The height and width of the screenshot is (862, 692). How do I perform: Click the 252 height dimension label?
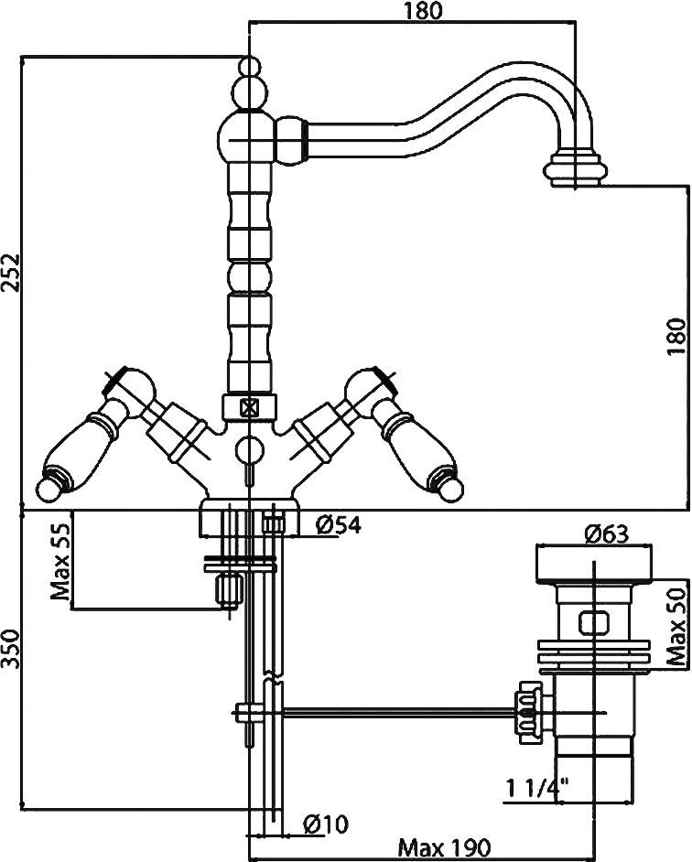tap(12, 280)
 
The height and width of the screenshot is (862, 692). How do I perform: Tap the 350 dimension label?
tap(12, 649)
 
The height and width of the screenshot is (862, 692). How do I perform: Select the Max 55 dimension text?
tap(60, 561)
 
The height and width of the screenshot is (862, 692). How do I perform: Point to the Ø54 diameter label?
tap(339, 525)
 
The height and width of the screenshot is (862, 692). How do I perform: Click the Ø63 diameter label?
tap(606, 533)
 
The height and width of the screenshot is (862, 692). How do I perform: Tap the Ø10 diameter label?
tap(326, 824)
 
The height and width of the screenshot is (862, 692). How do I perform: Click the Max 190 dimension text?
tap(444, 847)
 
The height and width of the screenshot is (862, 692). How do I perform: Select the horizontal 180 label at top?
tap(424, 11)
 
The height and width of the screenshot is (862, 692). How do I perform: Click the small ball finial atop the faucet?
tap(249, 67)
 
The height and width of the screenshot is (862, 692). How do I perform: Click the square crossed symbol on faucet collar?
tap(249, 407)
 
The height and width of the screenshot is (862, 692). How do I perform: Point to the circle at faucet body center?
tap(249, 449)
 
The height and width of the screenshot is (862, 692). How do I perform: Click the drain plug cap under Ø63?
tap(594, 565)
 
